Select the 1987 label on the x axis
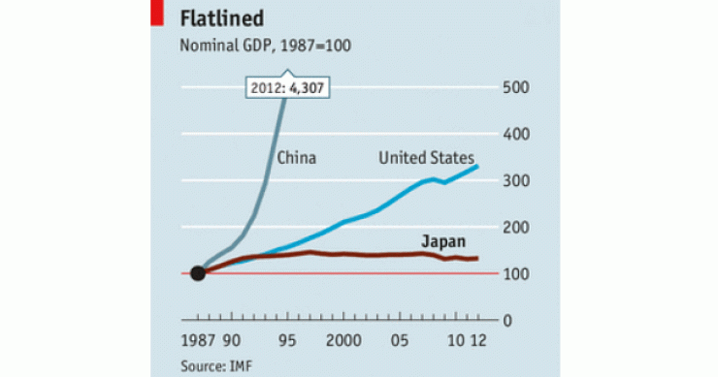(x=198, y=342)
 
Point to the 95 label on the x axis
(x=287, y=342)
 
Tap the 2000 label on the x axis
(x=344, y=342)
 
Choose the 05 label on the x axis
(x=399, y=342)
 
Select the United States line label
(x=426, y=158)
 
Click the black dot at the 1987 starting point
(x=198, y=273)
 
